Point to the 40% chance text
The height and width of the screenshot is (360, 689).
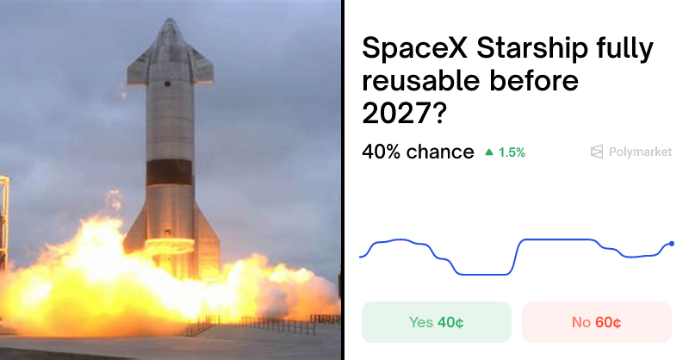(x=418, y=152)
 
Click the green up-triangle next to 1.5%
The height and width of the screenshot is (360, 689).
(x=489, y=152)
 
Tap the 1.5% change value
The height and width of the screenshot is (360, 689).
(x=511, y=152)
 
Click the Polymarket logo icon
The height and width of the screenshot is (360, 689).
(x=596, y=152)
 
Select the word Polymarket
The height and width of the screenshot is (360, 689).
(x=640, y=152)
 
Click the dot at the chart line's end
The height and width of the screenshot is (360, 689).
(x=672, y=244)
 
